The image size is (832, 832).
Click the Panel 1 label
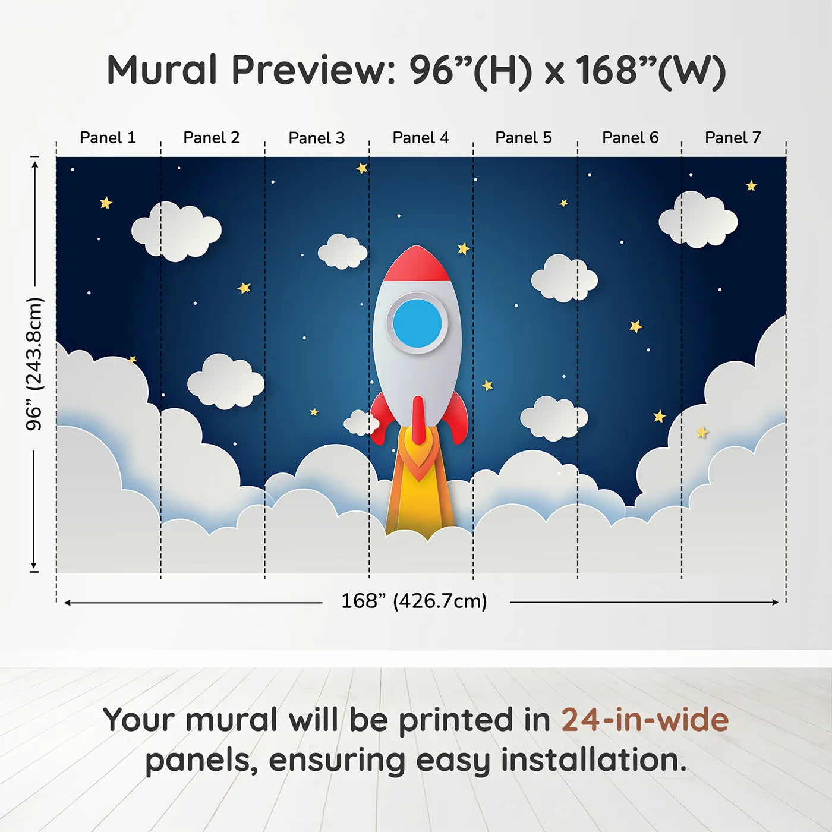108,138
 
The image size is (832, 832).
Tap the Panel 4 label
420,138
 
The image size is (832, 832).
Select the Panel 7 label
732,138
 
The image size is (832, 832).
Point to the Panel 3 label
316,138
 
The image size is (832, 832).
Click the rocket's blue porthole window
417,323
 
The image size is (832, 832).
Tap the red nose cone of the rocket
417,265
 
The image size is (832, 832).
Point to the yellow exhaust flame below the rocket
420,499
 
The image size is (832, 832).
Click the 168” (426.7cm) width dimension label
414,601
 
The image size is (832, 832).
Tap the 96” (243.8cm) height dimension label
34,364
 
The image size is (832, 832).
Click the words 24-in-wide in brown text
645,720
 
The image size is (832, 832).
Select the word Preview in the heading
313,70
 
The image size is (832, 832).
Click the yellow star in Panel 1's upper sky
106,203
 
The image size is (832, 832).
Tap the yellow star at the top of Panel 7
751,186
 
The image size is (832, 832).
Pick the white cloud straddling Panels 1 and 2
176,231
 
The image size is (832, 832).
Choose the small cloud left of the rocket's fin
361,423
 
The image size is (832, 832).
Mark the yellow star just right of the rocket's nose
463,248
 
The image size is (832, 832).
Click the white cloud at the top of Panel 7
698,220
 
